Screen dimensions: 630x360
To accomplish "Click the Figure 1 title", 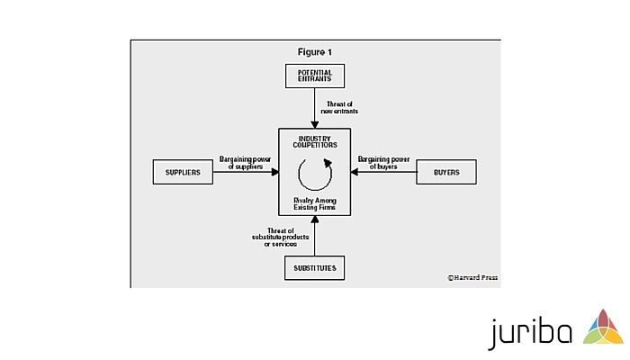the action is [x=315, y=52].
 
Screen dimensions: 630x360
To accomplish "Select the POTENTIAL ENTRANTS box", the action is [x=315, y=76].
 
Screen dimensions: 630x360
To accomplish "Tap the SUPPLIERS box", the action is [x=183, y=172].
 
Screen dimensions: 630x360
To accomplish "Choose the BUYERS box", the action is [x=446, y=172].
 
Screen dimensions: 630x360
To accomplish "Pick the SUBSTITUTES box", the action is [x=315, y=268].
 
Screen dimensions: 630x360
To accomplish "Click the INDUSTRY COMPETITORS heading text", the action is [x=315, y=142].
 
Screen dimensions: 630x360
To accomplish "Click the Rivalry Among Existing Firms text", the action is [x=315, y=203].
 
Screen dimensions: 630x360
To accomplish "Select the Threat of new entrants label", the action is [x=339, y=108].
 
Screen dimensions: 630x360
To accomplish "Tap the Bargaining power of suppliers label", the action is [x=245, y=163].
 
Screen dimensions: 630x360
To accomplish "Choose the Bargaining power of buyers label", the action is [x=383, y=163].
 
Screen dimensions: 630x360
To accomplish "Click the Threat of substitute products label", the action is [x=281, y=238].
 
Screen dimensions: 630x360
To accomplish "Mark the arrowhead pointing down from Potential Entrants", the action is [x=315, y=124].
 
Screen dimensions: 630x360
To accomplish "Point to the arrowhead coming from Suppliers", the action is [x=274, y=172].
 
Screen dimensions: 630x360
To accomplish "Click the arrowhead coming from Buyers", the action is [x=355, y=172].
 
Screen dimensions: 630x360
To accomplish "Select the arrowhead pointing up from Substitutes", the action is [x=315, y=220].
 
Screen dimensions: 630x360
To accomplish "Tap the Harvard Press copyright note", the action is [x=472, y=277].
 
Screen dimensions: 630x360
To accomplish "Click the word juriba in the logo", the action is [x=530, y=331].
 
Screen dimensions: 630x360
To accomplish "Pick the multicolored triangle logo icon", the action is [x=603, y=327].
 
